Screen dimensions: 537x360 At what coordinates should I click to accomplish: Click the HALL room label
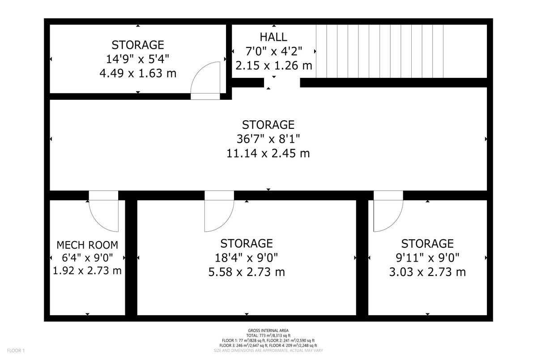pyautogui.click(x=273, y=37)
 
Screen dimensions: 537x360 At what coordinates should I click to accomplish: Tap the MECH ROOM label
pyautogui.click(x=87, y=245)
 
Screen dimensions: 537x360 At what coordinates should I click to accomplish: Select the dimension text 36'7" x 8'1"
pyautogui.click(x=268, y=139)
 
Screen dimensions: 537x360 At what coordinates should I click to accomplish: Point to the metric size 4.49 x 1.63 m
pyautogui.click(x=138, y=73)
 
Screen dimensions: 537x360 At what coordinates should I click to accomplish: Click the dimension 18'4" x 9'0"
pyautogui.click(x=246, y=258)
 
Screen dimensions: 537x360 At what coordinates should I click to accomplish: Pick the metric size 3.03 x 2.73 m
pyautogui.click(x=427, y=272)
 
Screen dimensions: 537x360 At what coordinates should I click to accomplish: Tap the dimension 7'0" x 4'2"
pyautogui.click(x=273, y=51)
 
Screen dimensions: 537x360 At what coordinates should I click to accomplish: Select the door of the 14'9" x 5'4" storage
pyautogui.click(x=205, y=80)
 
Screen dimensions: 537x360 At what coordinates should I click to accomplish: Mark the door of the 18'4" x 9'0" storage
pyautogui.click(x=219, y=211)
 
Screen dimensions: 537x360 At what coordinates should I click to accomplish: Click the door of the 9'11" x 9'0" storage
pyautogui.click(x=388, y=211)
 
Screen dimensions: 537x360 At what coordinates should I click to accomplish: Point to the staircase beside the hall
pyautogui.click(x=380, y=51)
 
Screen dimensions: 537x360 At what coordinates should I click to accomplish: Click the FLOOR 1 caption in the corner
pyautogui.click(x=16, y=351)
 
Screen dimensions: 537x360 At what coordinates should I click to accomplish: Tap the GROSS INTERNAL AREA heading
pyautogui.click(x=268, y=330)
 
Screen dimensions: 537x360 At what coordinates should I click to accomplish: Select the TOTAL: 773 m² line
pyautogui.click(x=268, y=335)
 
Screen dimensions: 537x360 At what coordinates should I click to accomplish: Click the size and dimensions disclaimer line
pyautogui.click(x=268, y=351)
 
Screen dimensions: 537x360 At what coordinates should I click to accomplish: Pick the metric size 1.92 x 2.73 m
pyautogui.click(x=87, y=271)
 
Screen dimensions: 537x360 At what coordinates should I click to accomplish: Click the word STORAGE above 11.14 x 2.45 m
pyautogui.click(x=268, y=125)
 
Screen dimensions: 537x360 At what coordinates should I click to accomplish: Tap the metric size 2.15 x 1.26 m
pyautogui.click(x=274, y=65)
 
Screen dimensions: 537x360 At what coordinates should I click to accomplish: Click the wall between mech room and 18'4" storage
pyautogui.click(x=131, y=258)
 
